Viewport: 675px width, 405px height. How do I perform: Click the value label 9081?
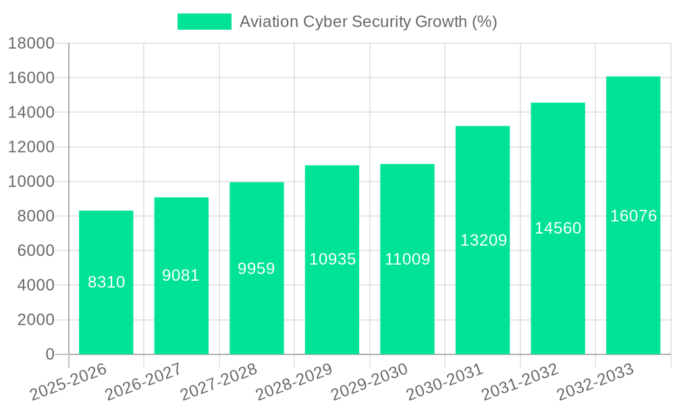click(x=181, y=275)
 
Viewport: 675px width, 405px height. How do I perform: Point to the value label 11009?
click(x=407, y=259)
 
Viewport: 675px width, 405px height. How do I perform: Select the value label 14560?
click(x=558, y=228)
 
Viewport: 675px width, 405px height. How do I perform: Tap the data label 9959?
click(x=256, y=269)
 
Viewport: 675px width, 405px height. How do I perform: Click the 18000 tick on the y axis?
click(x=31, y=44)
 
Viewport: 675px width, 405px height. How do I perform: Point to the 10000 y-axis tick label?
click(x=31, y=182)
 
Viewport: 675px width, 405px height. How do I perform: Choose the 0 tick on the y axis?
click(x=49, y=354)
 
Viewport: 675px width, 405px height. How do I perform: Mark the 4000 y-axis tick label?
click(x=36, y=286)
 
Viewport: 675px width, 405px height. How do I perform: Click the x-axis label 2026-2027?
click(x=142, y=381)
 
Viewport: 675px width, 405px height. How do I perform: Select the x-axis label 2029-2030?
click(x=370, y=381)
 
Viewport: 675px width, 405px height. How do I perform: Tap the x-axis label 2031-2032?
click(x=520, y=381)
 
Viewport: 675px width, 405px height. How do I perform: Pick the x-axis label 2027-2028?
click(x=219, y=381)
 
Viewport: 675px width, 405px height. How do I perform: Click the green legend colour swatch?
click(x=204, y=22)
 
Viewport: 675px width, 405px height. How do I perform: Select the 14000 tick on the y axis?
click(x=31, y=113)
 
